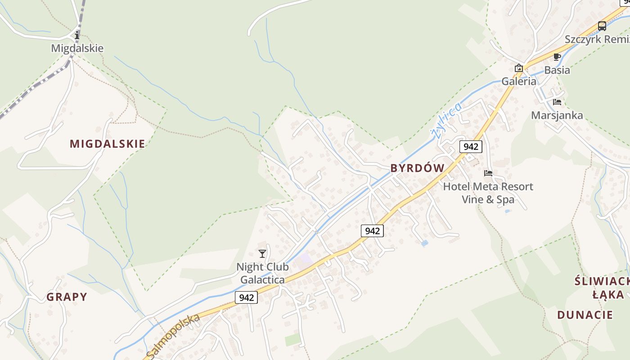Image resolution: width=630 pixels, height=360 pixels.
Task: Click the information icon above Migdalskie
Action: (x=77, y=35)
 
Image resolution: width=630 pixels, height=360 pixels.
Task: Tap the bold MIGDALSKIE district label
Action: (x=108, y=144)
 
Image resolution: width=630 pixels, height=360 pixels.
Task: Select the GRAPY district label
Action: (x=67, y=297)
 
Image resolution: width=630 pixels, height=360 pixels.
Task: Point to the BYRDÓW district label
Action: (x=417, y=168)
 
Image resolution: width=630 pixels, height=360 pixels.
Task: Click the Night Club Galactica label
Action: (x=262, y=273)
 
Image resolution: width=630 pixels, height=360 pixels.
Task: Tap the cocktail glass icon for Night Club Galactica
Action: (x=262, y=254)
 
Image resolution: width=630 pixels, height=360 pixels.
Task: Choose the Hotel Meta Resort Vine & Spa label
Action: (x=488, y=193)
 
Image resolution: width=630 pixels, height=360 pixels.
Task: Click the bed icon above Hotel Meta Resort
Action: (x=488, y=173)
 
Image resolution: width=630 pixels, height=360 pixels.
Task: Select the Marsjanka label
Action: (x=557, y=115)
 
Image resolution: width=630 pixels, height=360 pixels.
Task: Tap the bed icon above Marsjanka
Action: (x=557, y=102)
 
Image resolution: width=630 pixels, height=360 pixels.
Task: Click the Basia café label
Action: (x=557, y=70)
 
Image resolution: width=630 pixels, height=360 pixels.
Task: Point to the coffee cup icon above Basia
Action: (x=557, y=57)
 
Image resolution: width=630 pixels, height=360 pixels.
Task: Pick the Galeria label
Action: (x=519, y=81)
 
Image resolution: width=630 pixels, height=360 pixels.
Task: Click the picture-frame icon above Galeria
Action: (x=519, y=68)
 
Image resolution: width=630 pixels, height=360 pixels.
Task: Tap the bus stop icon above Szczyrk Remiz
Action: (x=602, y=26)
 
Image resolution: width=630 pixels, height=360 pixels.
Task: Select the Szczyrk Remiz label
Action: (x=597, y=39)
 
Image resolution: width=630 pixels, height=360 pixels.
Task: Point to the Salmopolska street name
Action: (x=174, y=335)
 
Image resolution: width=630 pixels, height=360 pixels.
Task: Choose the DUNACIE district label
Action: (x=585, y=315)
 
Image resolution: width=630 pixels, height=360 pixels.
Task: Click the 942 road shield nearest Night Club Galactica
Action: (x=246, y=297)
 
